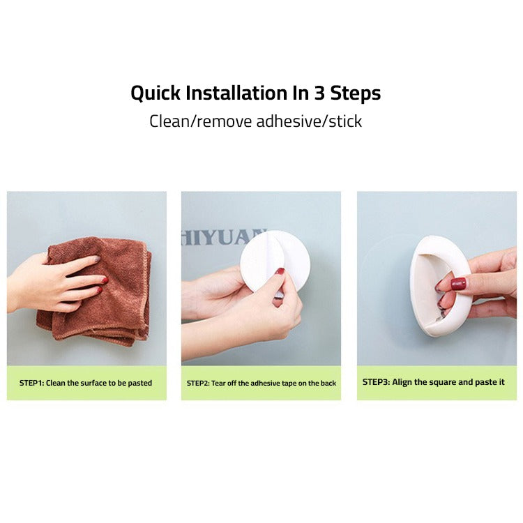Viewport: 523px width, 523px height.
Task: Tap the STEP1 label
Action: point(31,384)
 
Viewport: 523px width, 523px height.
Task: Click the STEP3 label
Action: point(376,382)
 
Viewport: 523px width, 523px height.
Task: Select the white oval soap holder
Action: point(432,286)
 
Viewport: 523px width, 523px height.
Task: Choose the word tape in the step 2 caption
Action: point(294,384)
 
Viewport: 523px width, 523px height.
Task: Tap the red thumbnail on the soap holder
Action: point(458,284)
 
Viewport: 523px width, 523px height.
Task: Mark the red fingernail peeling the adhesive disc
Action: point(280,271)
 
